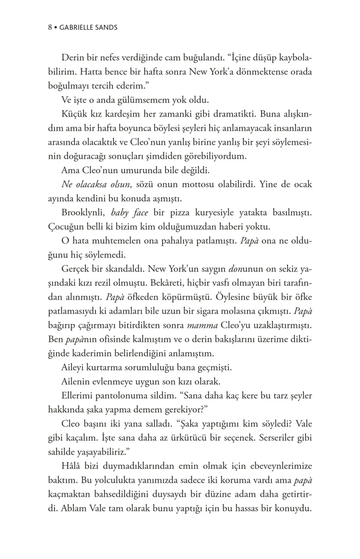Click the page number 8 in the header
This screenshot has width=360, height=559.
tap(50, 27)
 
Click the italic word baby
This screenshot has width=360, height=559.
tap(119, 213)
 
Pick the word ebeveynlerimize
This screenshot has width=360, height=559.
tap(281, 466)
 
